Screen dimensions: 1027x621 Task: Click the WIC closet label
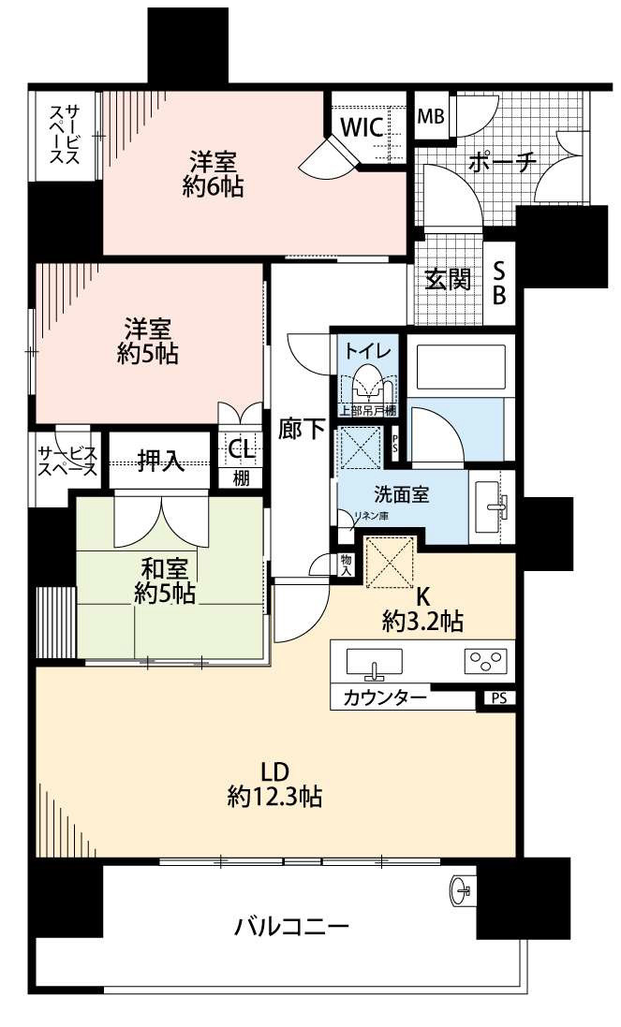point(362,128)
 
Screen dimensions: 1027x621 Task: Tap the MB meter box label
point(430,117)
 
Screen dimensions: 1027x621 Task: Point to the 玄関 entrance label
point(447,280)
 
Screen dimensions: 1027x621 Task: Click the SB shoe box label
point(499,282)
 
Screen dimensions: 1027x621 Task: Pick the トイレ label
point(362,352)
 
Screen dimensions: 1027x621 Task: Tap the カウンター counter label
point(385,697)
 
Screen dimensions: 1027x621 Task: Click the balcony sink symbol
point(462,888)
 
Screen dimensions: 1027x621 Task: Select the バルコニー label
point(291,928)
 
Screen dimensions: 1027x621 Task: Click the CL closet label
point(241,448)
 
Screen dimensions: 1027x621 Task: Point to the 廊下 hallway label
point(301,430)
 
